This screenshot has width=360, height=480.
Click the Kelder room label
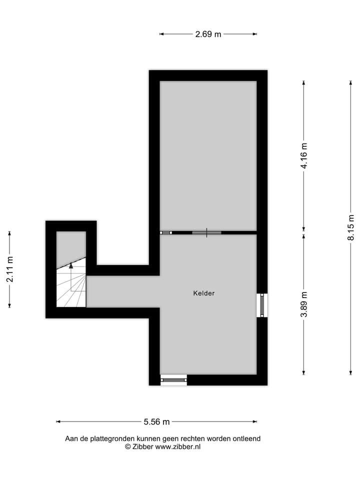pos(203,293)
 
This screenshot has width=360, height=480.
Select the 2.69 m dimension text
pos(208,34)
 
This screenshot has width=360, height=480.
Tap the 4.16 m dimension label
pos(304,156)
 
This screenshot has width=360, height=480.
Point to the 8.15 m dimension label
pos(351,228)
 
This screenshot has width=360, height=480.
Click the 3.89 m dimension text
pos(304,304)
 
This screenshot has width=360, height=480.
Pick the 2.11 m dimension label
pos(9,269)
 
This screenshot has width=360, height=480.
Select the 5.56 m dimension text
pos(156,421)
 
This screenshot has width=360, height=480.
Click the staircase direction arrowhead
pos(71,266)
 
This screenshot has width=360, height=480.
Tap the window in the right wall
pos(262,305)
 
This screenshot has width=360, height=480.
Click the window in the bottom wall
pos(173,380)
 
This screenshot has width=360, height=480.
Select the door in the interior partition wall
pos(206,232)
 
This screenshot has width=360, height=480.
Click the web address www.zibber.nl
pos(178,446)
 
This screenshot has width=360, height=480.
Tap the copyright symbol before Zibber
pos(127,446)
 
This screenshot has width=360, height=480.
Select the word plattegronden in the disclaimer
pos(109,438)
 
